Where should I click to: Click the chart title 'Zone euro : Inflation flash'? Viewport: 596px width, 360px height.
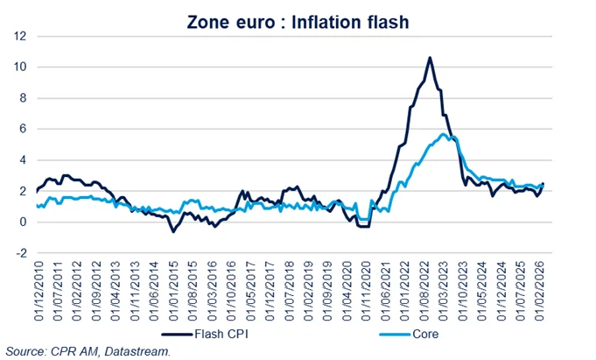pos(298,22)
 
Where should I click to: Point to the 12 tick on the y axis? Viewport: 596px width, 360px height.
pos(19,36)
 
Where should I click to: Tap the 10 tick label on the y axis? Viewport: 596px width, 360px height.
pos(19,67)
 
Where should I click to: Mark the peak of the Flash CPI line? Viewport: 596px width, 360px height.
pos(430,58)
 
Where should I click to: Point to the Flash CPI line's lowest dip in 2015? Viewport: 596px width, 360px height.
pos(173,232)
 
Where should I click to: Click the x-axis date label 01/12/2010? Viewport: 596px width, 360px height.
pos(38,289)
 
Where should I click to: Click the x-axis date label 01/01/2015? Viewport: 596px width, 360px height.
pos(174,289)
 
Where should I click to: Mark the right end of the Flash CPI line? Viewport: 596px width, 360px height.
pos(543,184)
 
